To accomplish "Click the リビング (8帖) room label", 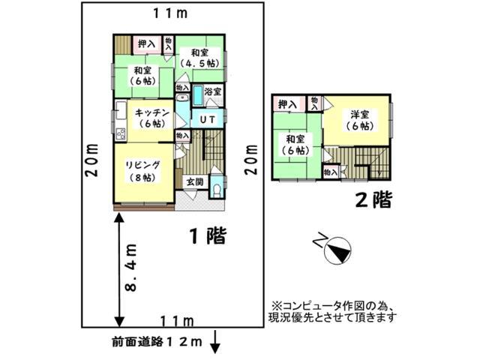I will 141,171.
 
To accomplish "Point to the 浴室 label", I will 213,92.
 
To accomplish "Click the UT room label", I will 208,118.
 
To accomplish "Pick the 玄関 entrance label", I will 194,181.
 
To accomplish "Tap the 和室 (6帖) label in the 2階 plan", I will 294,145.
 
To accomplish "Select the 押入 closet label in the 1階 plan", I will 146,44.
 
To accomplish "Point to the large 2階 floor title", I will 373,200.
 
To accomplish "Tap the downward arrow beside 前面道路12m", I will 215,345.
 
